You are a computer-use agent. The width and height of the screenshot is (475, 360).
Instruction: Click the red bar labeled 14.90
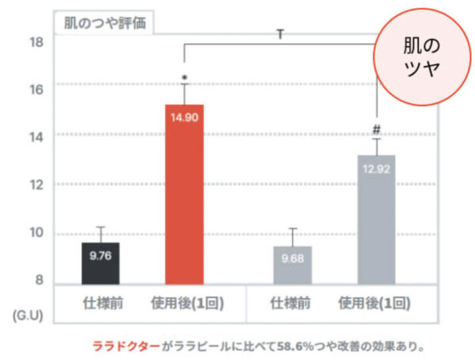coord(185,194)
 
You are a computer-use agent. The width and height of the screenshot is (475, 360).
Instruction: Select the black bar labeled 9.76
coord(100,263)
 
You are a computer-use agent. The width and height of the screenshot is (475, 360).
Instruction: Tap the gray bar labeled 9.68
coord(292,264)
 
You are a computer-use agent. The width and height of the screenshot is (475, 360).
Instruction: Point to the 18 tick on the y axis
coord(37,42)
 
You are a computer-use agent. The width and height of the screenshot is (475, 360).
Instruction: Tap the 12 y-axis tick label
coord(37,185)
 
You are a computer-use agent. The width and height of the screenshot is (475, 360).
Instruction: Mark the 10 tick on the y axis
coord(37,233)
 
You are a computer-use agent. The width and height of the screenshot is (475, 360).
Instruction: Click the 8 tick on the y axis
coord(40,281)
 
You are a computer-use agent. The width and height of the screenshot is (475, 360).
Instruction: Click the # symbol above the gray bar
coord(377,129)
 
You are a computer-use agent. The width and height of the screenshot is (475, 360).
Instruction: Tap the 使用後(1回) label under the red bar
coord(185,304)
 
